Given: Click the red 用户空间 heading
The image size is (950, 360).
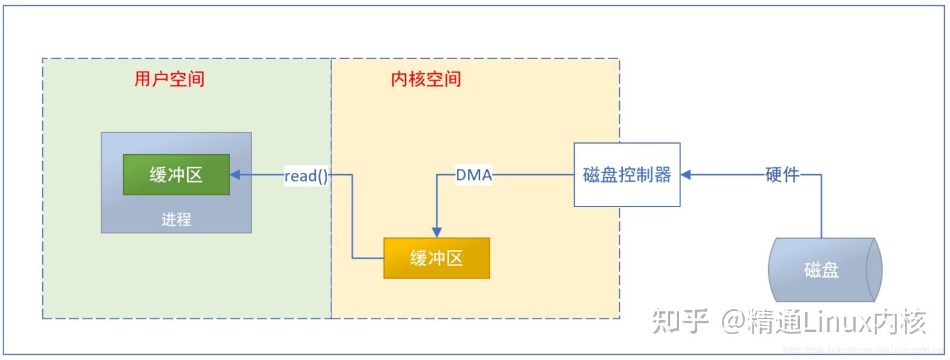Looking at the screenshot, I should point(169,79).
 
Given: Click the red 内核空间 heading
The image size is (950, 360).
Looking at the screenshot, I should point(426,79).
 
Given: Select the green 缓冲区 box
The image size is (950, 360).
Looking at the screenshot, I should point(176,175).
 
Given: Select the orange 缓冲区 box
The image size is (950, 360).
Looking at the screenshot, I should point(436,259).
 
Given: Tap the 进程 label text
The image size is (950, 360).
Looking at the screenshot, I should point(176,219).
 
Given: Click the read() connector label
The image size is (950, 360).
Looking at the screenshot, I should point(306,175).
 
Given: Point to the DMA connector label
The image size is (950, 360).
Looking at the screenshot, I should point(474,175).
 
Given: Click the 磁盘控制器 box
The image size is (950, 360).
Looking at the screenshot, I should point(626,175).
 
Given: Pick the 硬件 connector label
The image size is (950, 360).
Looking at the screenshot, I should point(782,175).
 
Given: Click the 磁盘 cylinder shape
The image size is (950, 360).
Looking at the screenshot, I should point(822,270).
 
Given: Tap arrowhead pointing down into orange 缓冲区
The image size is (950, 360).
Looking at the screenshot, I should point(436,232).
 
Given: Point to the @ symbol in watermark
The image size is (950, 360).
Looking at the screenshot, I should point(733,321).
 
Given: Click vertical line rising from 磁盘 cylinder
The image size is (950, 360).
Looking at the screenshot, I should point(821,205).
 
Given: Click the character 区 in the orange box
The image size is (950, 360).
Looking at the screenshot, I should point(454,259).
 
